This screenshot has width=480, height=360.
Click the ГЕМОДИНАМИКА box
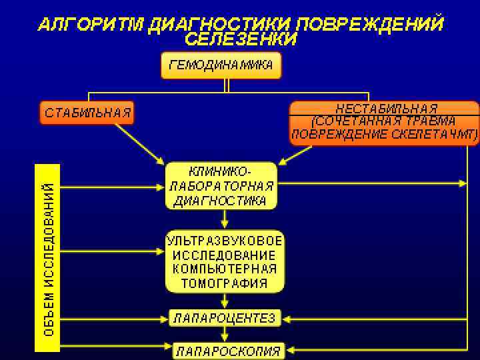tap(221, 65)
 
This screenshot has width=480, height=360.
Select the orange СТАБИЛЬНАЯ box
tap(87, 112)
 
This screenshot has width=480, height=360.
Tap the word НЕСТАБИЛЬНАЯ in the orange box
tap(386, 108)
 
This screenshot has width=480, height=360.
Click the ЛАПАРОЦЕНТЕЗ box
tap(225, 318)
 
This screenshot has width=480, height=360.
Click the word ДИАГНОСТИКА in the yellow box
tap(221, 200)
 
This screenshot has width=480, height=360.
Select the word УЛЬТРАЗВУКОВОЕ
tap(225, 240)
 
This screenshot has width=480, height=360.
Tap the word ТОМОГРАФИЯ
tap(225, 283)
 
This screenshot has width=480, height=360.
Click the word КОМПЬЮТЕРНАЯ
tap(225, 269)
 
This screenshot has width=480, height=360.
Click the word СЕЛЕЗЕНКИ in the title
tap(241, 39)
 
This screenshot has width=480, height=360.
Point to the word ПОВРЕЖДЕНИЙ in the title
tap(369, 25)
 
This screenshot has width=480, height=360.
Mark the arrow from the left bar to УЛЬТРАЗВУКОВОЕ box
tap(113, 252)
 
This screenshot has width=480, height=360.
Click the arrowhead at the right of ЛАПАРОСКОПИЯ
tap(293, 349)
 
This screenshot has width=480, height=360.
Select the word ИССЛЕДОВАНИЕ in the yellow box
tap(225, 255)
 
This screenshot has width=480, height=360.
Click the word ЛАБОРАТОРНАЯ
tap(221, 186)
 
